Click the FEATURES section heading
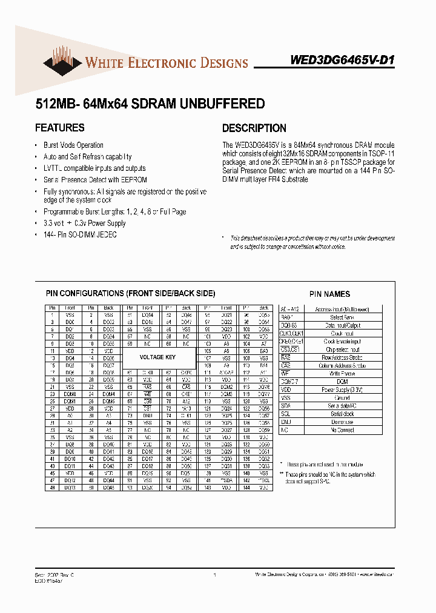click(x=60, y=128)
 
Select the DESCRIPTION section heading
click(x=254, y=128)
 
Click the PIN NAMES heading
click(x=329, y=294)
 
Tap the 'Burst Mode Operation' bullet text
click(x=73, y=145)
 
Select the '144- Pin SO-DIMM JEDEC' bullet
click(x=80, y=234)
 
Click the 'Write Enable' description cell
click(x=342, y=374)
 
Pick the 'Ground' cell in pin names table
click(x=342, y=398)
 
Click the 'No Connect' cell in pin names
click(x=342, y=429)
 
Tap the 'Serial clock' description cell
click(x=342, y=414)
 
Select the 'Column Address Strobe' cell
click(x=342, y=366)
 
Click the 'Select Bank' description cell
click(x=342, y=317)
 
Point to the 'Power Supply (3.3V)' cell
click(x=342, y=390)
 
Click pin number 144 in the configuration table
click(x=246, y=487)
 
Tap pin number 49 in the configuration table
click(x=53, y=487)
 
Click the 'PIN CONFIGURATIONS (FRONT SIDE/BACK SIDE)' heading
click(x=130, y=294)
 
